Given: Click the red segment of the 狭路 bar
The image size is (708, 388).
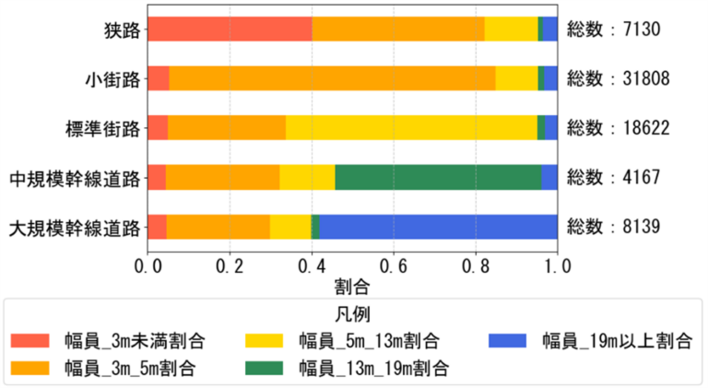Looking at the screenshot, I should coord(230,29).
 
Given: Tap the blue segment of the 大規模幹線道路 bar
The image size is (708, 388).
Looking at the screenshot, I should coord(438,226).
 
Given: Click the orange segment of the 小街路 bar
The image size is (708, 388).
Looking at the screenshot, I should coord(332,78).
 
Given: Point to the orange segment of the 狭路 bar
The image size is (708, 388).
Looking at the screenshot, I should coord(398,29).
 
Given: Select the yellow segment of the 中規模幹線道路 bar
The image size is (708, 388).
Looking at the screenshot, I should coord(307,176).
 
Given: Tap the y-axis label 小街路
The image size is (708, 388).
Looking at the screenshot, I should coord(112,78).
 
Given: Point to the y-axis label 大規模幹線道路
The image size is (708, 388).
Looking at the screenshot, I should coord(74,227).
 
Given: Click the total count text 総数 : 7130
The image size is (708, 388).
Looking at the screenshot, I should coord(614,29).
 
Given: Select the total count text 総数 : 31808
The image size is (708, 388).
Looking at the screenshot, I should coord(619,78).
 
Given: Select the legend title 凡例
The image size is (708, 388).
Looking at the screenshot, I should coord(352,313).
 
